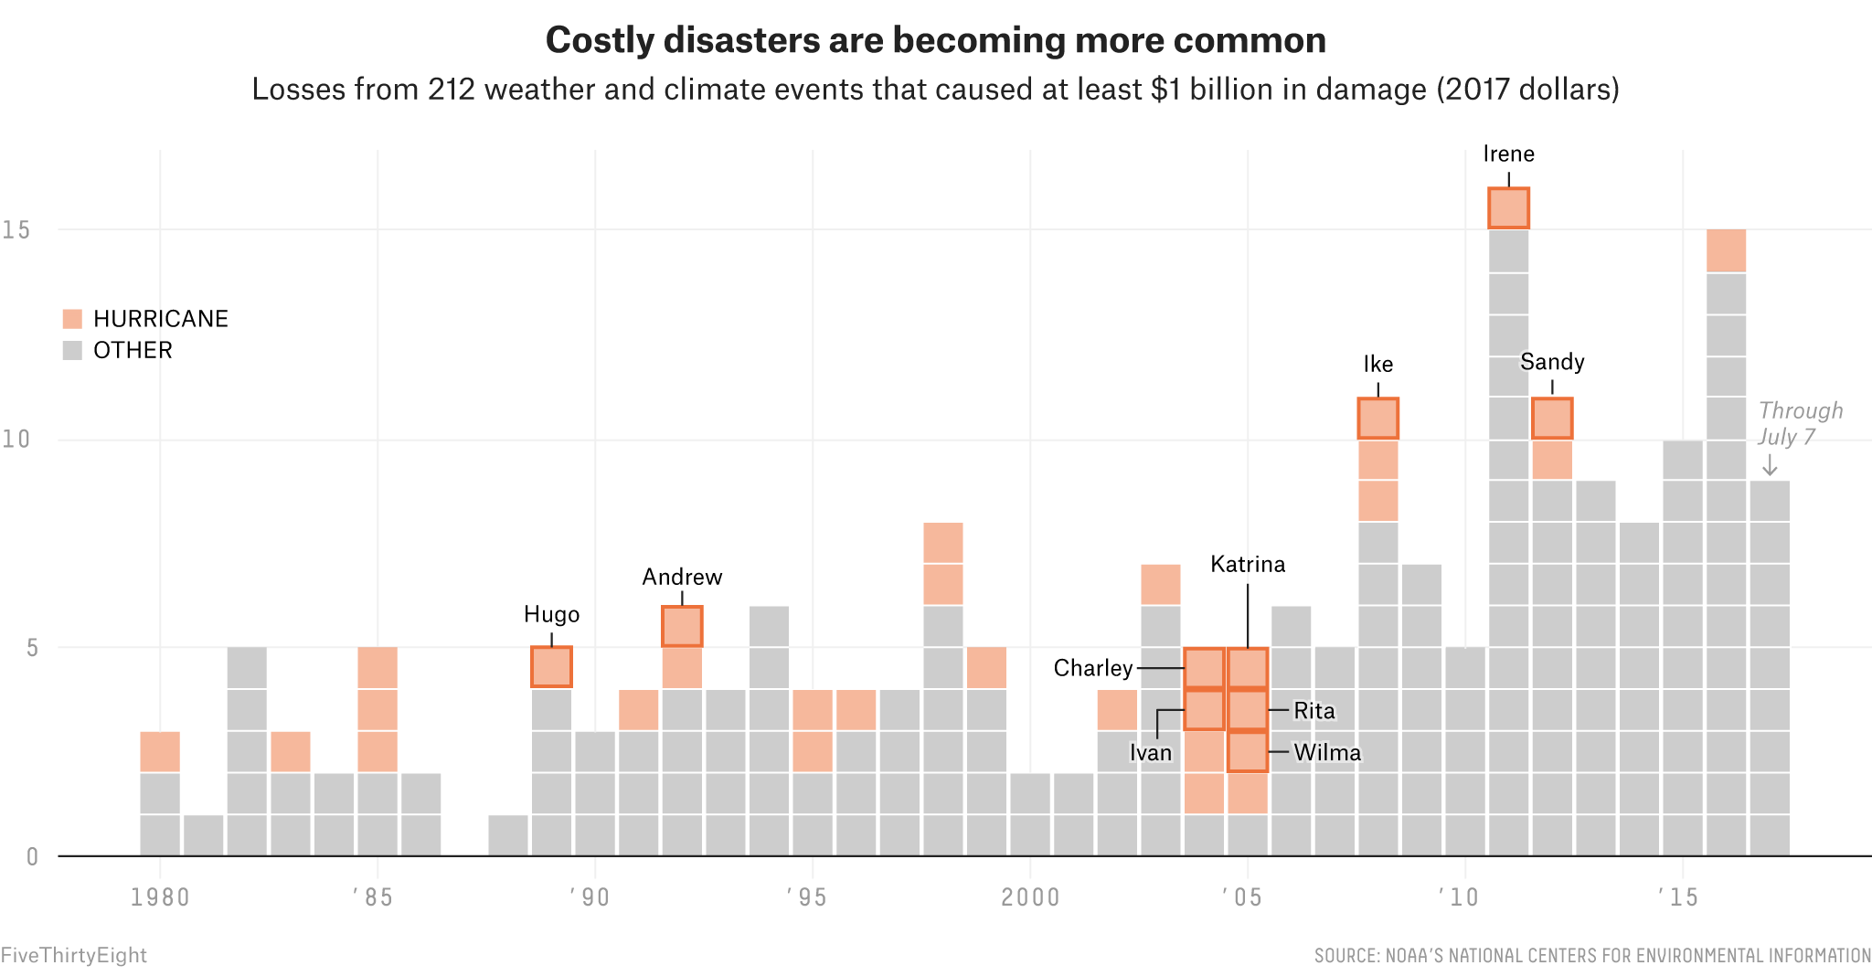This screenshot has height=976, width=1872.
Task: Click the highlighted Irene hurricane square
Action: coord(1508,208)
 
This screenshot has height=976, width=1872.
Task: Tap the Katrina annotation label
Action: coord(1248,564)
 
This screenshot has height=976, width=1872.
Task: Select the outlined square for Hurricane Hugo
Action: coord(551,667)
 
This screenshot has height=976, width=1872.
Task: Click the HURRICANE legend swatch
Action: coord(72,319)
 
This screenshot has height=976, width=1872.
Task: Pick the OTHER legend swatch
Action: coord(72,350)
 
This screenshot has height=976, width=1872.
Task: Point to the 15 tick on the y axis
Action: coord(16,229)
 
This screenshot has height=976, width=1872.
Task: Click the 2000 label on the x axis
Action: coord(1030,897)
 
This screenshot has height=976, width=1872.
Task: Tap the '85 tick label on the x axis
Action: coord(372,897)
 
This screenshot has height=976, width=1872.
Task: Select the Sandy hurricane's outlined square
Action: coord(1552,419)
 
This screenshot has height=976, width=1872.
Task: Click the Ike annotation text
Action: coord(1377,364)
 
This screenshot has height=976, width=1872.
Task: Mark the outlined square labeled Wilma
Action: coord(1248,751)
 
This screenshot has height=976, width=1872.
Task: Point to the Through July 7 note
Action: coord(1799,423)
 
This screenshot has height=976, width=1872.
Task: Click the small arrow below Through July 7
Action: coord(1770,465)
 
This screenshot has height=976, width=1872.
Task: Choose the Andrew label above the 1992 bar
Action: coord(682,577)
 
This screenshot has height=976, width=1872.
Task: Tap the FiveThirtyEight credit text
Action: coord(73,955)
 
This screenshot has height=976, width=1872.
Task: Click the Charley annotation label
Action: coord(1092,668)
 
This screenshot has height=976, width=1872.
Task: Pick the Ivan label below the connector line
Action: coord(1150,752)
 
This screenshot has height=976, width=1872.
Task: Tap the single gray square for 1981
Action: coord(203,835)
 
